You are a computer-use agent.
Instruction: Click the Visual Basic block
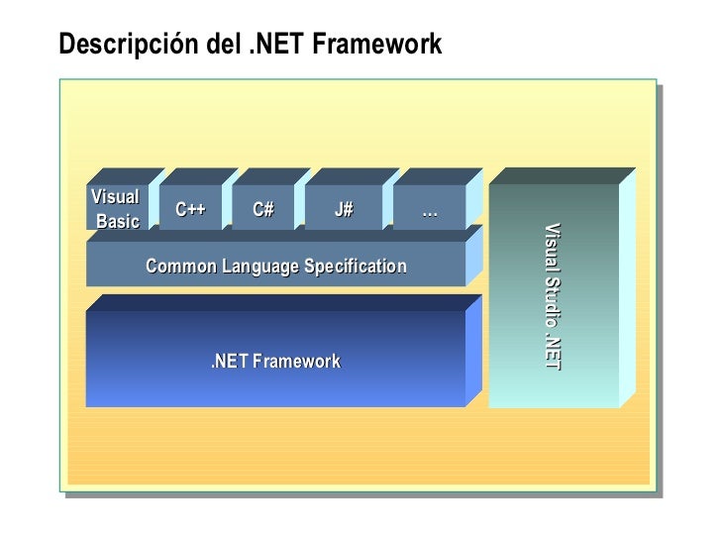pos(117,207)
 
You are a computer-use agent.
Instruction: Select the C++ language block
pos(190,209)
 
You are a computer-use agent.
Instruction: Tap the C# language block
pos(263,209)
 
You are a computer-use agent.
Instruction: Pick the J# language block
pos(344,209)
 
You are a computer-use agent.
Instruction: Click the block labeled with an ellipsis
pos(429,209)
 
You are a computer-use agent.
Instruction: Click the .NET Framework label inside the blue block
pos(275,362)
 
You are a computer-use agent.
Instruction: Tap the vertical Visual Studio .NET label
pos(552,297)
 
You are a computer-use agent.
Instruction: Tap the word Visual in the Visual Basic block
pos(115,195)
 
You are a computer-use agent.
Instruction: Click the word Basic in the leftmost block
pos(118,220)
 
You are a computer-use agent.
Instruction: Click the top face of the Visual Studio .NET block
pos(562,175)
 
